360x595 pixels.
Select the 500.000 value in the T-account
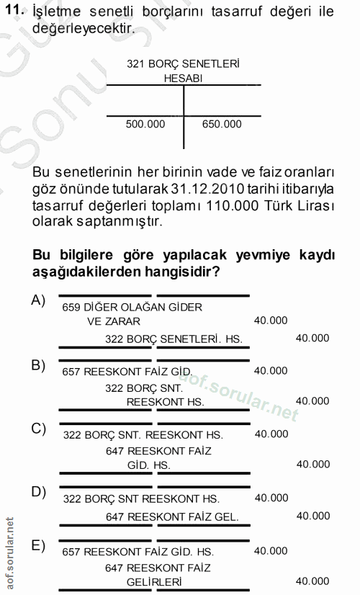[145, 124]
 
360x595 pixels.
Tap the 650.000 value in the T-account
[222, 124]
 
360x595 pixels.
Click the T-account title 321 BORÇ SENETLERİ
[183, 63]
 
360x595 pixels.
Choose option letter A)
[38, 300]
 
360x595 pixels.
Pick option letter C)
[38, 429]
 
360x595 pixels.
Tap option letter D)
[38, 492]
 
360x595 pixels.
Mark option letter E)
[38, 545]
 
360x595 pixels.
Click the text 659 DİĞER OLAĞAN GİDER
[132, 307]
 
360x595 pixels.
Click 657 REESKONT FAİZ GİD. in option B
[127, 371]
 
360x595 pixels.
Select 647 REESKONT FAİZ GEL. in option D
[172, 516]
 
